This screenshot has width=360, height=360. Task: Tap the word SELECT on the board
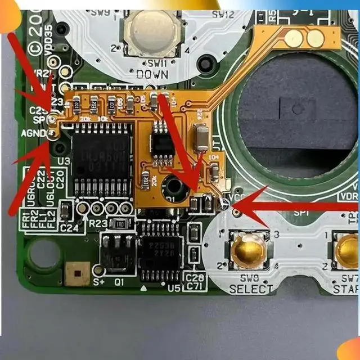tap(250, 289)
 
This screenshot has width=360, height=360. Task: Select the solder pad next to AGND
tap(52, 134)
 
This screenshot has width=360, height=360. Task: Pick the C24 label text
tap(69, 228)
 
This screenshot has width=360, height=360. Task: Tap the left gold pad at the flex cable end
tap(293, 38)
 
